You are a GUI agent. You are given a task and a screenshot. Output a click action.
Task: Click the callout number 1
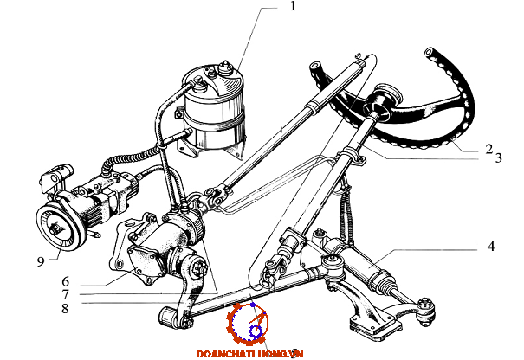[293, 6]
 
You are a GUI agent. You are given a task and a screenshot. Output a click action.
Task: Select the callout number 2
[488, 149]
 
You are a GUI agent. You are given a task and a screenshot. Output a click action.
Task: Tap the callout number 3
[498, 157]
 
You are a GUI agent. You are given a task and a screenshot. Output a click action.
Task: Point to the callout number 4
[490, 247]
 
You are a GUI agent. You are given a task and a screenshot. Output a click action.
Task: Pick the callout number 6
[65, 281]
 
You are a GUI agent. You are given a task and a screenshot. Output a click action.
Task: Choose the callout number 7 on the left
[65, 294]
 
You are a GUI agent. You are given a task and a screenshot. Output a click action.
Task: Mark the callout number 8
[65, 308]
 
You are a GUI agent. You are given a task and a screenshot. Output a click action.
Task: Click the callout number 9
[41, 261]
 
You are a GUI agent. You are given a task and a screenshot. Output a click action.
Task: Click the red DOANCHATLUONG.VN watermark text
[249, 354]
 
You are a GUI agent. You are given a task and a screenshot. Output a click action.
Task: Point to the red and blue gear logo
[248, 324]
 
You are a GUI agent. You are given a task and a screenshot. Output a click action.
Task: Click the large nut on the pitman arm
[198, 268]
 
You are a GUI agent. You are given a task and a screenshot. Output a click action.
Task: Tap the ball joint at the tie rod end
[426, 312]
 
